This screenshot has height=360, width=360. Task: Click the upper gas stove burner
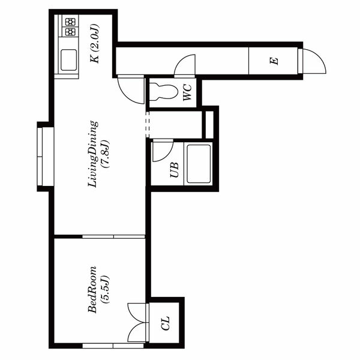tap(70, 22)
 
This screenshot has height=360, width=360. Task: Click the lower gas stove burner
tap(70, 32)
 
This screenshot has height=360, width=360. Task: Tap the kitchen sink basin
tap(68, 60)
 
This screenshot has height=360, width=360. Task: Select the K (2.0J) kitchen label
tap(95, 43)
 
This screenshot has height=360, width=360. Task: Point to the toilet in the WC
tap(163, 92)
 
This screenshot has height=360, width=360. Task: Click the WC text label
tap(187, 92)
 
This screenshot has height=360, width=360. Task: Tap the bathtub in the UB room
tap(199, 164)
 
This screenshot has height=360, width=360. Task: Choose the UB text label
tap(175, 170)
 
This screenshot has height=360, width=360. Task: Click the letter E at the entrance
tap(274, 61)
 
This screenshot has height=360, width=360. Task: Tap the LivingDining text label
tap(93, 154)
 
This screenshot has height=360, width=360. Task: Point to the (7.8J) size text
tap(105, 154)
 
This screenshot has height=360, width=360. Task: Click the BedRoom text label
tap(92, 289)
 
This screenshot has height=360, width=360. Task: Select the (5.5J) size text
tap(105, 289)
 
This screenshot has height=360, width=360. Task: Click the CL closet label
tap(166, 323)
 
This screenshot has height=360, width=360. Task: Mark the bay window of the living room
tap(46, 157)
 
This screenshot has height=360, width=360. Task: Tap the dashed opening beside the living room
tap(148, 124)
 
